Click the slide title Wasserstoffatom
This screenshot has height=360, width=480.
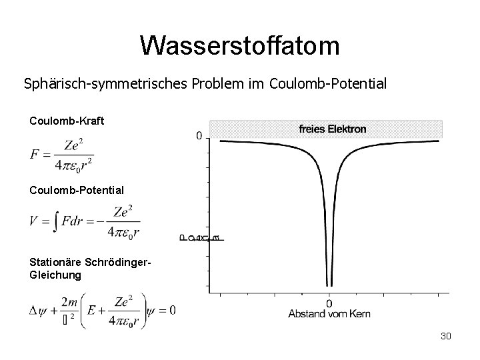240,45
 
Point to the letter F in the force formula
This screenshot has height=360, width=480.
35,155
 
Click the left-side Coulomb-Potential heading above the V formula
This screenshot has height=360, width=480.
77,190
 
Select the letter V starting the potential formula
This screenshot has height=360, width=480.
34,221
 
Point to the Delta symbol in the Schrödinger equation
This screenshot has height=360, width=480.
34,311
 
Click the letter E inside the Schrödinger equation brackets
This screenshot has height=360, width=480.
88,310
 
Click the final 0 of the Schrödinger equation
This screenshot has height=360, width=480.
172,310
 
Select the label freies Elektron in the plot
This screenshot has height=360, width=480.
331,129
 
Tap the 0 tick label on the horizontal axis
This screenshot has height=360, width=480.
329,303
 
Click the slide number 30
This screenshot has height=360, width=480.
445,337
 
